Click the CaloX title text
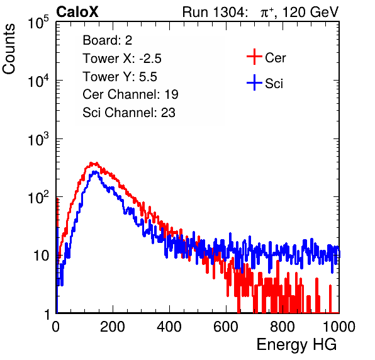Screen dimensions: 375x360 [77, 12]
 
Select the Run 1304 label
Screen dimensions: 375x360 [214, 12]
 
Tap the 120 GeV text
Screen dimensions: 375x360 [310, 12]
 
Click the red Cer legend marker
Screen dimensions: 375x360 [254, 57]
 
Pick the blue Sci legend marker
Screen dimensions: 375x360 [254, 82]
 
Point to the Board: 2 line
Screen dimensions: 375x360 [108, 40]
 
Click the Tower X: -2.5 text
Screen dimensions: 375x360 [122, 59]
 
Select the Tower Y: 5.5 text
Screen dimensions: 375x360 [120, 77]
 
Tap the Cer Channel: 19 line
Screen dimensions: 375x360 [130, 94]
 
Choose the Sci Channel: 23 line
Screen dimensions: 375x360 [129, 113]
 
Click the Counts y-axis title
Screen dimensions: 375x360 [9, 49]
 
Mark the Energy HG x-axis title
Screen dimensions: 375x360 [296, 345]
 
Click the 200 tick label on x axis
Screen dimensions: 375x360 [113, 327]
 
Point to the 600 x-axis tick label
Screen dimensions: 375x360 [226, 327]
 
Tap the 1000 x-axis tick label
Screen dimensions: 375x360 [339, 327]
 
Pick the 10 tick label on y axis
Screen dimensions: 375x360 [41, 256]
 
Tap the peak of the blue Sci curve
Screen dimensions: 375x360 [95, 172]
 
